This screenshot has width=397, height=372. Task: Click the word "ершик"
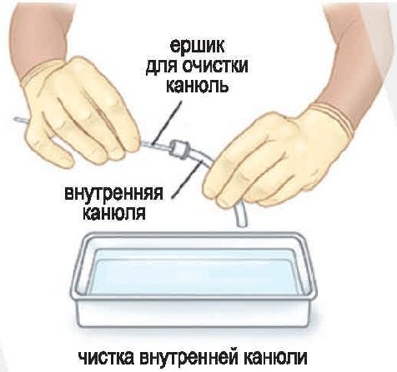pyautogui.click(x=197, y=47)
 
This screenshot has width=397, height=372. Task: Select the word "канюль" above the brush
pyautogui.click(x=198, y=86)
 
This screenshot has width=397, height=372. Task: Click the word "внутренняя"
pyautogui.click(x=113, y=193)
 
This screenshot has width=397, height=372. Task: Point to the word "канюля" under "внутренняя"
pyautogui.click(x=114, y=213)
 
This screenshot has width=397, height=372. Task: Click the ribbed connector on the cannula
pyautogui.click(x=179, y=149)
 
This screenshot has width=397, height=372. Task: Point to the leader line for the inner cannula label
pyautogui.click(x=186, y=180)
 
